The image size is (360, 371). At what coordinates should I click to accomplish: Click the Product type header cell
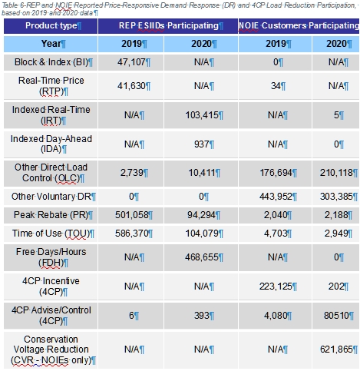[51, 25]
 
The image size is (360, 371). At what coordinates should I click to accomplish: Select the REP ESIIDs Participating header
[168, 25]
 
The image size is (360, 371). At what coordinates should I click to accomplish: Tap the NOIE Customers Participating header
[299, 25]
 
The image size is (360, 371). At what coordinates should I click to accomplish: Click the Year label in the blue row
[51, 44]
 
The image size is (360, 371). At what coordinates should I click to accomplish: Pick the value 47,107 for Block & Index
[131, 62]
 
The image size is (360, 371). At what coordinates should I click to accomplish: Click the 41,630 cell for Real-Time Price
[131, 86]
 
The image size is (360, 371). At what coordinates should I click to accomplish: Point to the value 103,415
[202, 115]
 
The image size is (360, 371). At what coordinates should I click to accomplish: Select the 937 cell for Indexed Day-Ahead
[202, 144]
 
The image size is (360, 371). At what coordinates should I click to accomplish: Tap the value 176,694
[276, 173]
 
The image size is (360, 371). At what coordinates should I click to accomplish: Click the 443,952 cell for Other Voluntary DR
[276, 197]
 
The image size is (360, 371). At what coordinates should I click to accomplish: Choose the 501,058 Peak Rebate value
[131, 215]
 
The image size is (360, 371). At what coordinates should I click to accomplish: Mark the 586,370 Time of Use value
[131, 234]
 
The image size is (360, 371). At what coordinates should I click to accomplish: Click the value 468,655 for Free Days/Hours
[202, 257]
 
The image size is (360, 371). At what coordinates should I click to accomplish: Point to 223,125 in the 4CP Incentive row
[276, 287]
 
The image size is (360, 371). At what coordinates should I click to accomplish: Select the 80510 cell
[336, 316]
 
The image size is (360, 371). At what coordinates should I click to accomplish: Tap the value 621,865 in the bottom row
[336, 349]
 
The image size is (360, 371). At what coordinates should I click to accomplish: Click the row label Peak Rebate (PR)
[51, 215]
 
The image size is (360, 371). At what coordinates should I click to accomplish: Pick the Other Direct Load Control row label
[51, 173]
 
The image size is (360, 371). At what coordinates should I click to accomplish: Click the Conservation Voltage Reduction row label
[51, 349]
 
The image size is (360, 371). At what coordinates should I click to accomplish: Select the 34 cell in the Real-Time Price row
[276, 86]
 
